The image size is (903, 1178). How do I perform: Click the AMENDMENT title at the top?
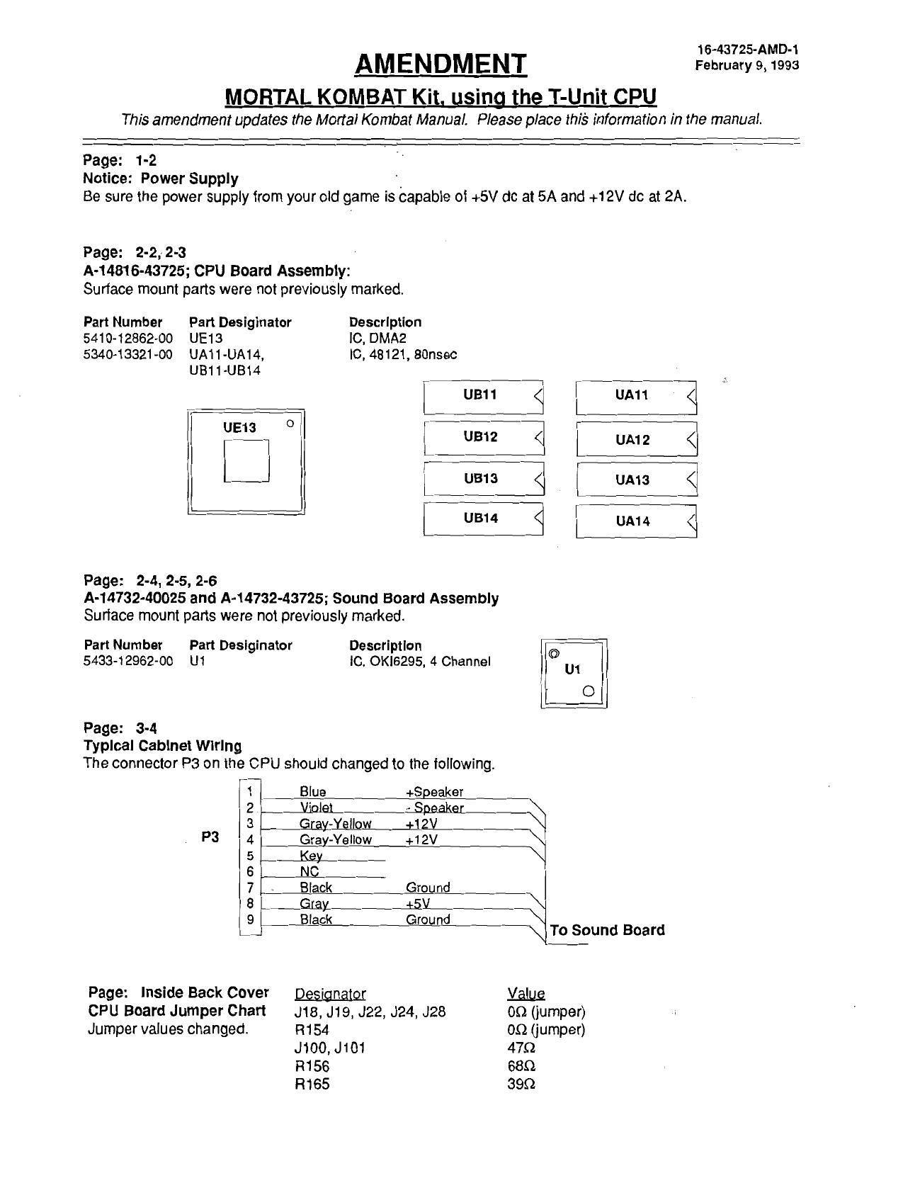(441, 64)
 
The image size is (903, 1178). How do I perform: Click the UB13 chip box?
(483, 479)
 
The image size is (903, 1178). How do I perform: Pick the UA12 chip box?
(636, 439)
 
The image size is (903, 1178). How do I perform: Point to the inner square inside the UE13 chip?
(246, 461)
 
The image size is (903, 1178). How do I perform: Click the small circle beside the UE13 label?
(289, 424)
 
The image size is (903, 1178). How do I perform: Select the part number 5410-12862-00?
(128, 339)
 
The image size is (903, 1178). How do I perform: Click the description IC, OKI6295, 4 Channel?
(419, 662)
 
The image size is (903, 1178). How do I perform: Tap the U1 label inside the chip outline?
(572, 669)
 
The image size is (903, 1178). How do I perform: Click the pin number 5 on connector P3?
(250, 856)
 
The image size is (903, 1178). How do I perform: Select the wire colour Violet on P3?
(316, 808)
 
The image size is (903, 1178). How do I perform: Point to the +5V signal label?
(418, 904)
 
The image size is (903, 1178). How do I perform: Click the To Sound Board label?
(607, 930)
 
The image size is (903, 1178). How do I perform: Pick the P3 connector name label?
(210, 837)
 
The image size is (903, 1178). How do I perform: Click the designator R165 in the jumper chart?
(312, 1084)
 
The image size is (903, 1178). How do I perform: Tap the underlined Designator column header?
(330, 994)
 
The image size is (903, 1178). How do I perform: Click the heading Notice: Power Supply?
(161, 179)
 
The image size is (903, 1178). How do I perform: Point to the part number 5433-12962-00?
(128, 662)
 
